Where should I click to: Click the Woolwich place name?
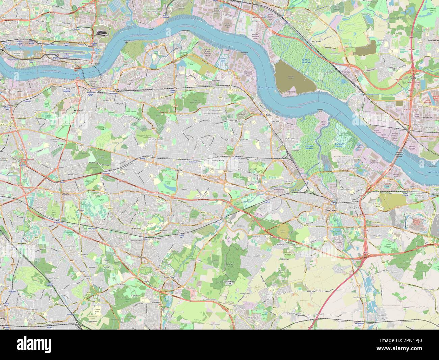[x=79, y=110]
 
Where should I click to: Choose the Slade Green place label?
[x=290, y=138]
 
